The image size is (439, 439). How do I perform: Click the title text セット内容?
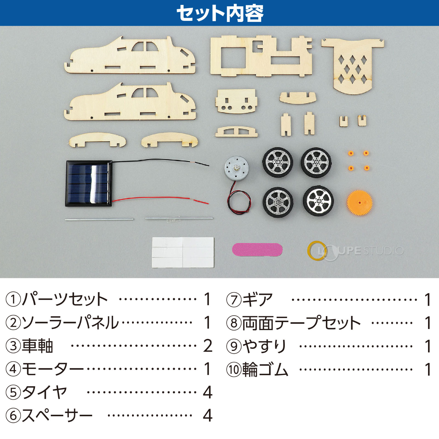219,13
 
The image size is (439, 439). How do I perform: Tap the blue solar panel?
89,183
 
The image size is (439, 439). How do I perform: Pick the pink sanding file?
257,250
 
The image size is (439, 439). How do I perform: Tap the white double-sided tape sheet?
183,252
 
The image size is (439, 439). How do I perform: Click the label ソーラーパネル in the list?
70,322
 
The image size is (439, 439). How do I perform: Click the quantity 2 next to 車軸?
208,346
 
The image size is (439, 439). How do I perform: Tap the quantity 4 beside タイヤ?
208,392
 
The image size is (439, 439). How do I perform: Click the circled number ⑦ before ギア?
233,300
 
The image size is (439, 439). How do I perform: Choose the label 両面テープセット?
301,323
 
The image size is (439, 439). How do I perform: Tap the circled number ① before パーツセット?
13,299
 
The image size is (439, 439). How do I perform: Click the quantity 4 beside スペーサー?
208,416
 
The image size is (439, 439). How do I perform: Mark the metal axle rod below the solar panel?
99,219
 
